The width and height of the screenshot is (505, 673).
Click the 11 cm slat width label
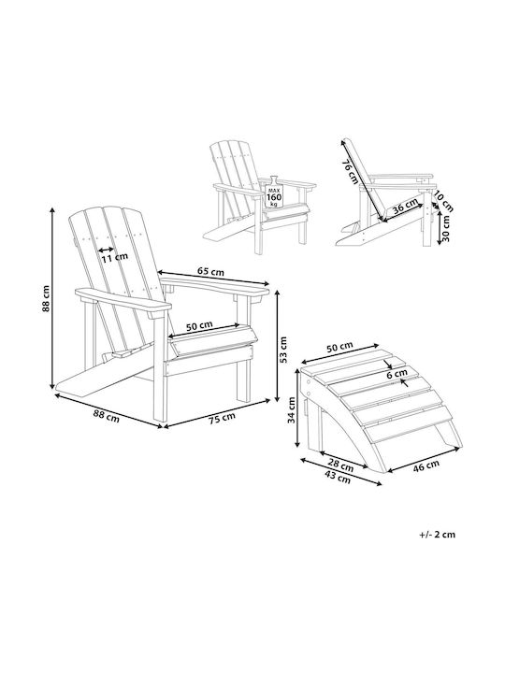[x=115, y=257]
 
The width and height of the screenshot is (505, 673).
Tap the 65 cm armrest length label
[x=210, y=271]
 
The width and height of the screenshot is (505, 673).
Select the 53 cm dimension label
[x=283, y=350]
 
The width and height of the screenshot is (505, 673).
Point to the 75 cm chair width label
[x=222, y=418]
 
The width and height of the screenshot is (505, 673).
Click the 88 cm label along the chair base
[x=107, y=415]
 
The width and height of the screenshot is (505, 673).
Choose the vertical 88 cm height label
[x=46, y=298]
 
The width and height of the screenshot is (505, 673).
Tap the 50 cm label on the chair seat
[x=199, y=326]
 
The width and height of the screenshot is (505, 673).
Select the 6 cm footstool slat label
[x=397, y=374]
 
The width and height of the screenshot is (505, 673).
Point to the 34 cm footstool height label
[x=292, y=410]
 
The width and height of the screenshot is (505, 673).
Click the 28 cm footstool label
[x=341, y=465]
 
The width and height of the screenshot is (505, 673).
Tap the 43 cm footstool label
[x=338, y=477]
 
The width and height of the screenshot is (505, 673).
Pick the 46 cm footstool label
[x=426, y=465]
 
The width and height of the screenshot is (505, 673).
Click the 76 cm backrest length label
[x=349, y=172]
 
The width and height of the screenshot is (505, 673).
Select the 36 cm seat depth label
[x=405, y=207]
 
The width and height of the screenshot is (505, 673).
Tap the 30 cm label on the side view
[x=446, y=228]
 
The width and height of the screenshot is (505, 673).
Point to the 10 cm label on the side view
[x=442, y=201]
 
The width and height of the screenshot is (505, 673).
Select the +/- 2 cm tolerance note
[x=437, y=535]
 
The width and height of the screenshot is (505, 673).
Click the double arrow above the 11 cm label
[x=107, y=250]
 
